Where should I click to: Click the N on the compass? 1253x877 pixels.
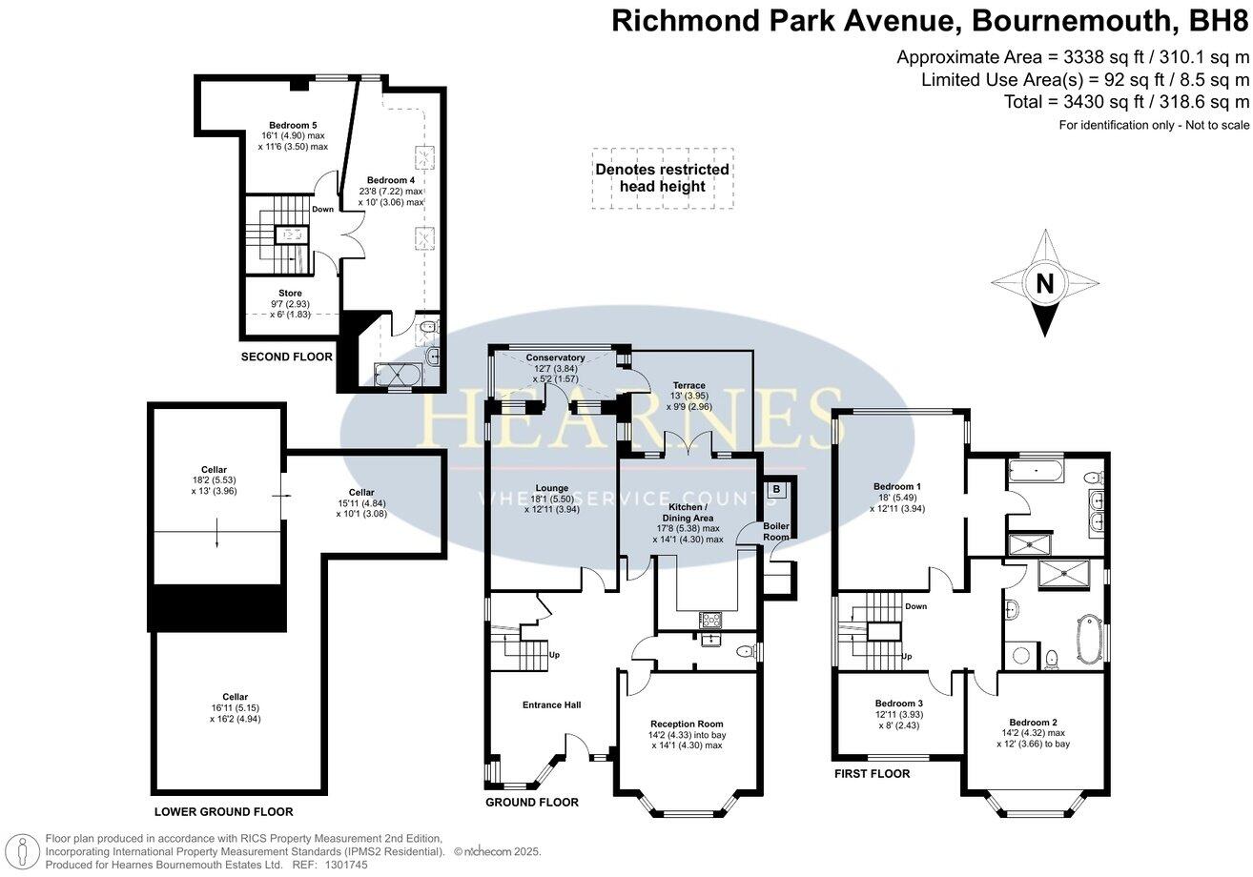point(1045,283)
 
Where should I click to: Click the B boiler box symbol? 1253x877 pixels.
point(776,489)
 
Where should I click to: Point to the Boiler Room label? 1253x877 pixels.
point(776,531)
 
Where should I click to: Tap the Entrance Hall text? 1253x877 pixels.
point(551,704)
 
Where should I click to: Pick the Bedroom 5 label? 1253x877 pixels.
point(293,126)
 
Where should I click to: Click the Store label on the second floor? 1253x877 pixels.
point(290,294)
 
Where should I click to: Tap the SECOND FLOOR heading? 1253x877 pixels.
point(286,357)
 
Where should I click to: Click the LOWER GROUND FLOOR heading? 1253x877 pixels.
point(223,812)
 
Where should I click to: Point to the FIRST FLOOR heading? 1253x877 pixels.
point(872,774)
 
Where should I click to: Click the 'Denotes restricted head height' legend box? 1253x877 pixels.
point(662,178)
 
